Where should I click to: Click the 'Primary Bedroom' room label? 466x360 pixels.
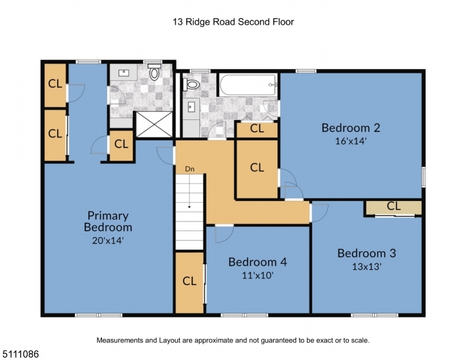tap(108, 221)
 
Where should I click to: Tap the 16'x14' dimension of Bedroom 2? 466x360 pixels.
tap(351, 141)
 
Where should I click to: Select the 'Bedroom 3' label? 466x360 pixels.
tap(367, 253)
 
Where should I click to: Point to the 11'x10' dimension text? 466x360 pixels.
tap(258, 275)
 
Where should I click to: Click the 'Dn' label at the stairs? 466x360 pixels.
tap(190, 169)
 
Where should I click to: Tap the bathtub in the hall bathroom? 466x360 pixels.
tap(248, 85)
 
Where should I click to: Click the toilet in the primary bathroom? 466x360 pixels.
tap(154, 71)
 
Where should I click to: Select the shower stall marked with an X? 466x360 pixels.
tap(154, 124)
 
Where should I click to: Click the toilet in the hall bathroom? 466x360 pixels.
tap(191, 85)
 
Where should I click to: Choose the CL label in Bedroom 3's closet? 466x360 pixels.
tap(394, 206)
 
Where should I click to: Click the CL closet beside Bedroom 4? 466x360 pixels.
tap(190, 281)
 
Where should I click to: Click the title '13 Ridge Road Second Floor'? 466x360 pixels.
tap(233, 22)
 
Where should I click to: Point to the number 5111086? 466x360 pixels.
tap(20, 354)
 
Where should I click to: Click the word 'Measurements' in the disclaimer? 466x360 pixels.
tap(120, 340)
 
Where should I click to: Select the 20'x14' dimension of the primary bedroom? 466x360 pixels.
tap(107, 240)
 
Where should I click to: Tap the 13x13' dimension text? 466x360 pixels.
tap(367, 267)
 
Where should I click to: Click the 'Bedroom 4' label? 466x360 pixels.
tap(258, 262)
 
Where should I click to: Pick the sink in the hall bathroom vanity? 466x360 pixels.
tap(191, 106)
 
